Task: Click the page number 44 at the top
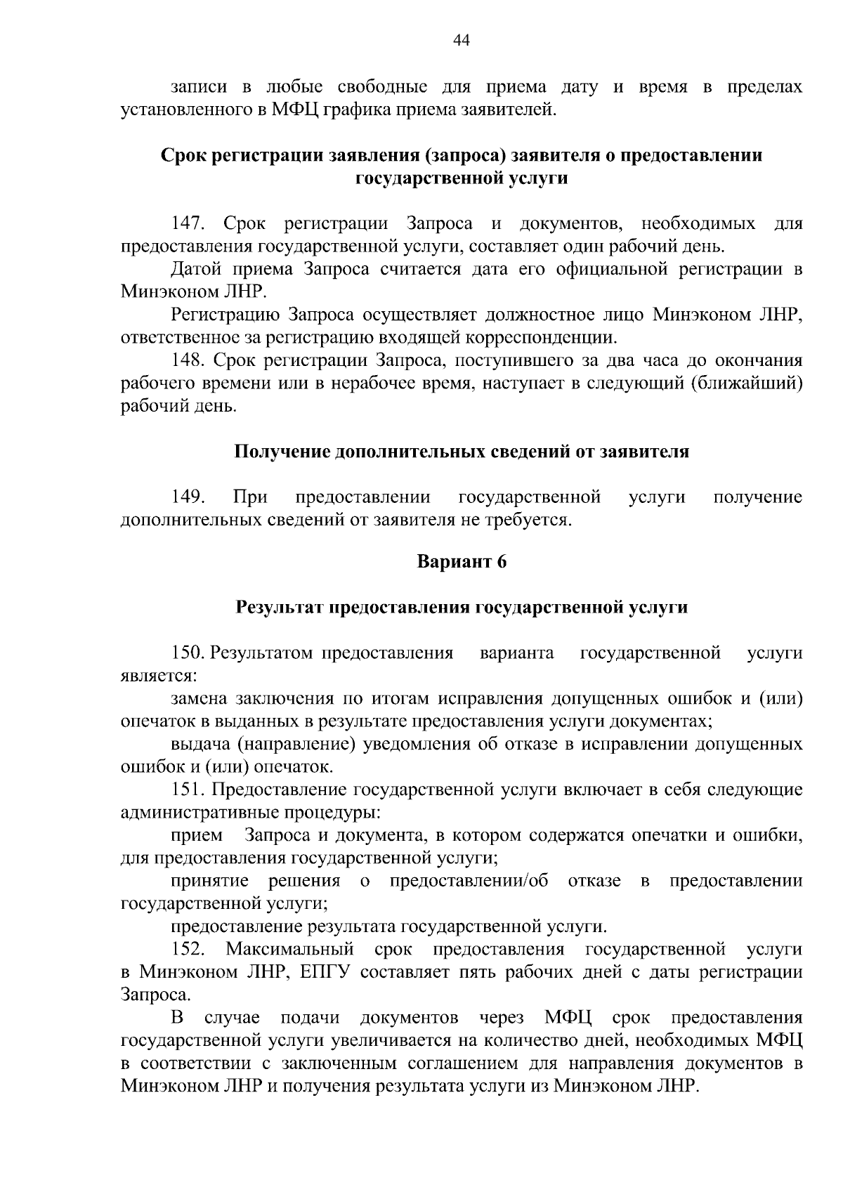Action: click(x=462, y=41)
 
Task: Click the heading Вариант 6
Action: click(x=462, y=562)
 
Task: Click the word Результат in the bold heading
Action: click(x=280, y=608)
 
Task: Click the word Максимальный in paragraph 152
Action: click(x=289, y=950)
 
